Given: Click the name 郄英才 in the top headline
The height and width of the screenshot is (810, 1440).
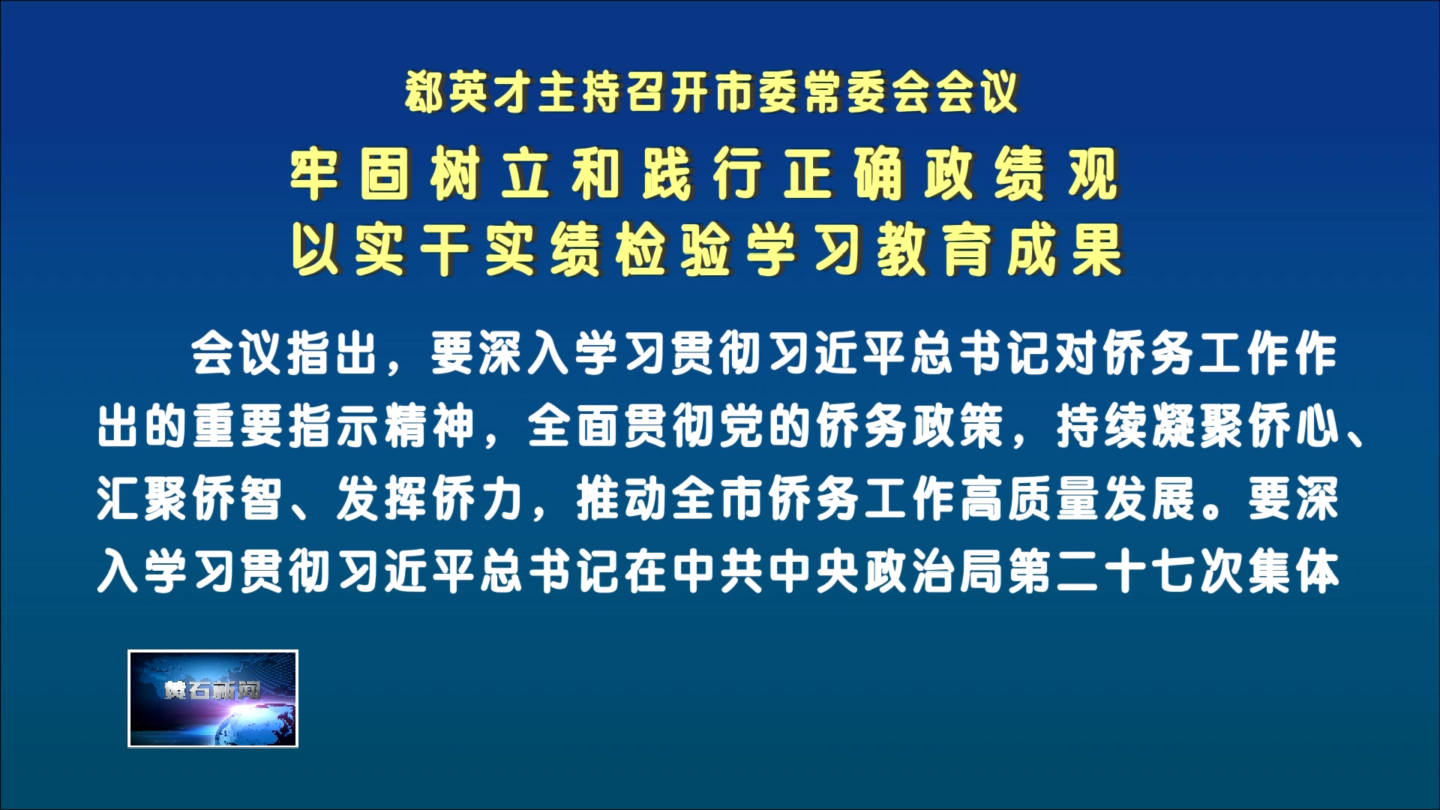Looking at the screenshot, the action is click(x=471, y=93).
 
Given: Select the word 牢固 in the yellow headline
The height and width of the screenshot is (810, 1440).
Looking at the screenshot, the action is click(x=351, y=174).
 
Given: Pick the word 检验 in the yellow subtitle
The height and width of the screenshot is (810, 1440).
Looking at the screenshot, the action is click(x=673, y=250).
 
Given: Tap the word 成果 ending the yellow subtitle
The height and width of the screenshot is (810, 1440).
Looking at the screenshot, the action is click(x=1065, y=250).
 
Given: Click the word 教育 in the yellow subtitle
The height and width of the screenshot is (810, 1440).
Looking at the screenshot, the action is click(x=934, y=250).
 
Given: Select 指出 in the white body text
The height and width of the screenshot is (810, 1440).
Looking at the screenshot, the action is click(x=332, y=352).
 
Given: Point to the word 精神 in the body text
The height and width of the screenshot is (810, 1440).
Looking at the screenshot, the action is click(x=430, y=425).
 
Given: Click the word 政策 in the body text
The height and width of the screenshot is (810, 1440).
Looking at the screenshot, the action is click(x=958, y=425).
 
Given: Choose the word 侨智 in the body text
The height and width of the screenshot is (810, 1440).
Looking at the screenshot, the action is click(x=238, y=498).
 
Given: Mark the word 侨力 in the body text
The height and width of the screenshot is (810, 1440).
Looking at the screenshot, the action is click(x=478, y=498).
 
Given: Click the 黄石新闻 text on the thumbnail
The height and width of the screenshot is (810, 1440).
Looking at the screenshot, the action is click(x=212, y=689).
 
